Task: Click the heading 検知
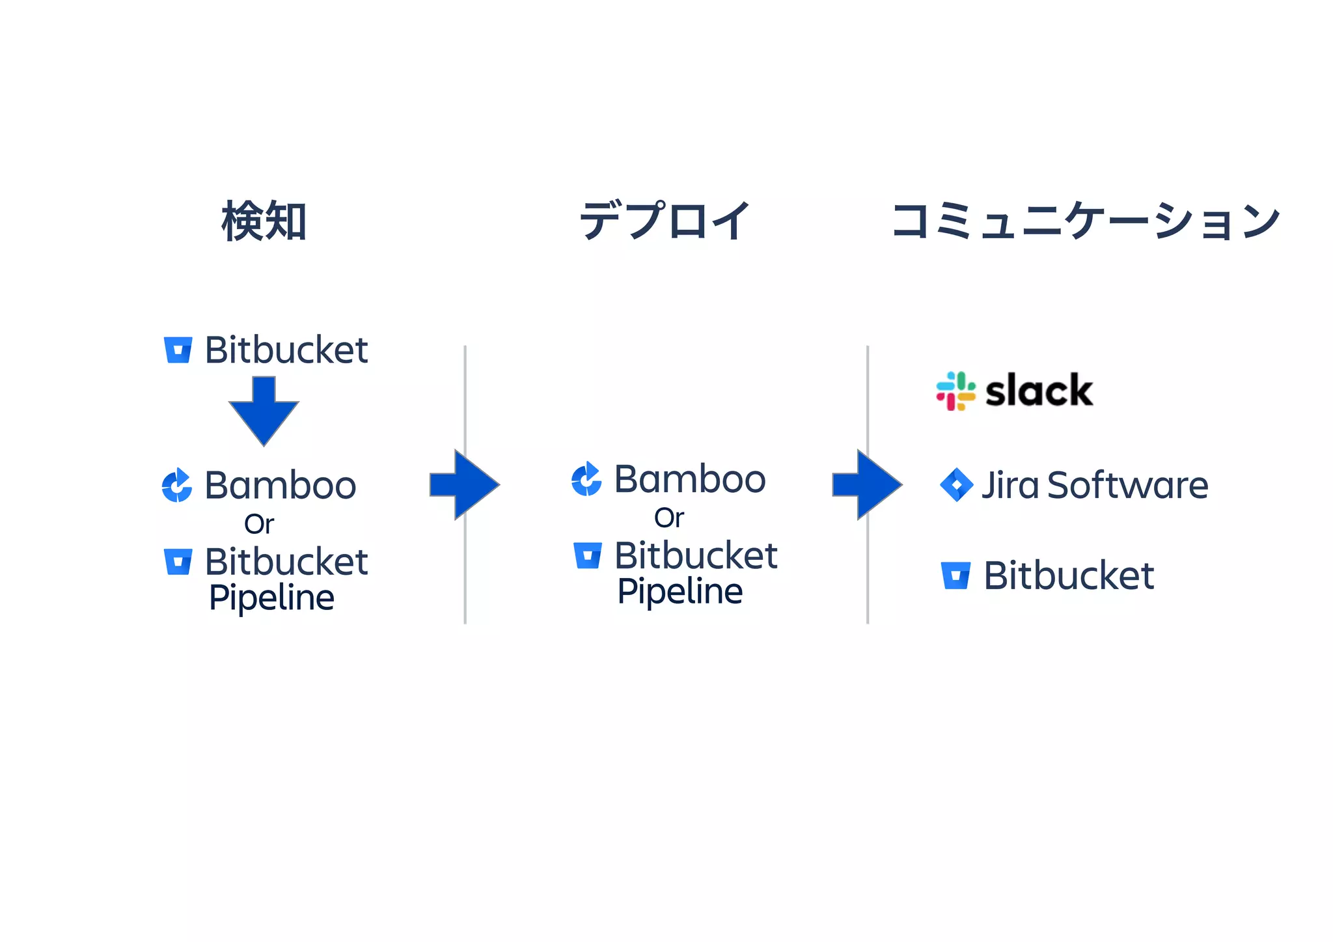tap(264, 221)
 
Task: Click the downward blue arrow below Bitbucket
tap(264, 410)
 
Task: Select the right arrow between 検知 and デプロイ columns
tap(464, 484)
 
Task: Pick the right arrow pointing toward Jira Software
tap(867, 484)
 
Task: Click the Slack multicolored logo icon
tap(955, 391)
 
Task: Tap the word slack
tap(1039, 391)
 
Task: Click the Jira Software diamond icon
tap(956, 485)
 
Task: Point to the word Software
tap(1127, 485)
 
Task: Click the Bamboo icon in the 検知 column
tap(177, 486)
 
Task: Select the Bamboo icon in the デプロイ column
tap(586, 479)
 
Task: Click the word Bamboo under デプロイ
tap(690, 479)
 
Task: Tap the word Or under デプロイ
tap(669, 518)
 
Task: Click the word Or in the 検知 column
tap(259, 524)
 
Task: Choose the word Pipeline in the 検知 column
tap(271, 598)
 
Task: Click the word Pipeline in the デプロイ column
tap(680, 591)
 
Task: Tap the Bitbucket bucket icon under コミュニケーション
tap(955, 575)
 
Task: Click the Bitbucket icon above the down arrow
tap(178, 350)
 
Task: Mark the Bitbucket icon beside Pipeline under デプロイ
tap(588, 555)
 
